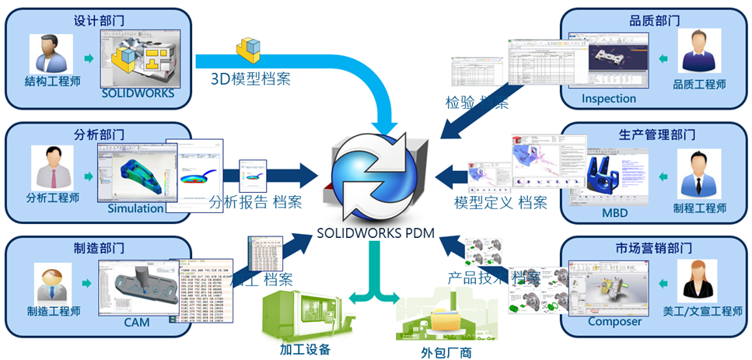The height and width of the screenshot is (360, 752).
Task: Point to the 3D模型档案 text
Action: (253, 79)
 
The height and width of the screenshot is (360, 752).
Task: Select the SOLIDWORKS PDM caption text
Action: (376, 231)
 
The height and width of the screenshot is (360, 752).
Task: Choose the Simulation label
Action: (135, 208)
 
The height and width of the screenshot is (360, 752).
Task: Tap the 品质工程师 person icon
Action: (698, 54)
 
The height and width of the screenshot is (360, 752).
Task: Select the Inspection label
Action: (609, 99)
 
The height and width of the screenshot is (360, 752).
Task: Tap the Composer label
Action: (614, 321)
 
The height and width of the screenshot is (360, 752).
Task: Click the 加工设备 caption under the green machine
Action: (304, 348)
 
